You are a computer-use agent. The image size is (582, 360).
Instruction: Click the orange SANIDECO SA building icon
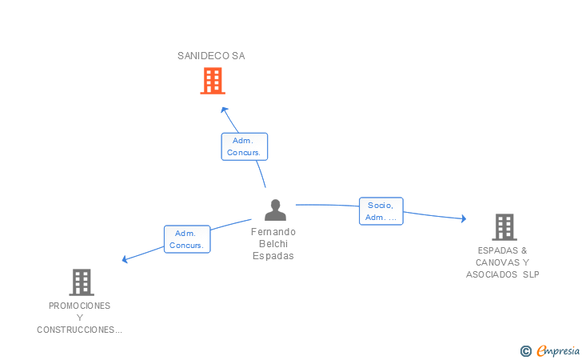212,81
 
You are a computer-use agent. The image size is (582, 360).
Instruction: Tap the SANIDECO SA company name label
211,56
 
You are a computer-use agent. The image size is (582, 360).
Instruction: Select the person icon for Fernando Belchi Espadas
275,210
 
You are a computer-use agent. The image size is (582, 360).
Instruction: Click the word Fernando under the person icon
273,232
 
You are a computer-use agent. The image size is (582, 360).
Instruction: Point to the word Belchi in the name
273,244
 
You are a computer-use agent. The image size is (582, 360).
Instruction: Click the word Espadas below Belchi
273,256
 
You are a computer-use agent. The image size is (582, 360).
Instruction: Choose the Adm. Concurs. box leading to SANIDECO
244,146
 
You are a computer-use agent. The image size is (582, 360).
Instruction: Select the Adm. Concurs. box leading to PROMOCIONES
187,239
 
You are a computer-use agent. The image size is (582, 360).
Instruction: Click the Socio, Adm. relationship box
381,211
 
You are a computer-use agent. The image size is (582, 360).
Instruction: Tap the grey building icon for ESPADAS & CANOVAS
504,227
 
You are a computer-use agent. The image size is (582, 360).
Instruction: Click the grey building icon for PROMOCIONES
81,282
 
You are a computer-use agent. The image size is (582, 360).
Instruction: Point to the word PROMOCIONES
80,306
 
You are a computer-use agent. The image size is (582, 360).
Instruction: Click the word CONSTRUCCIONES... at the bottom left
80,330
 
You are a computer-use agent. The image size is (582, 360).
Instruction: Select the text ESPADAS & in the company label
503,250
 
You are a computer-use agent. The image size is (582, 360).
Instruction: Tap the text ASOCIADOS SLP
503,274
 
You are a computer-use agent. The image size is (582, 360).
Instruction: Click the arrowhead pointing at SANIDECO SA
225,110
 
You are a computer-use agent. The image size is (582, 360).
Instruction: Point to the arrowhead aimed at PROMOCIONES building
125,259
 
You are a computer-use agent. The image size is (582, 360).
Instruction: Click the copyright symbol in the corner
525,350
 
